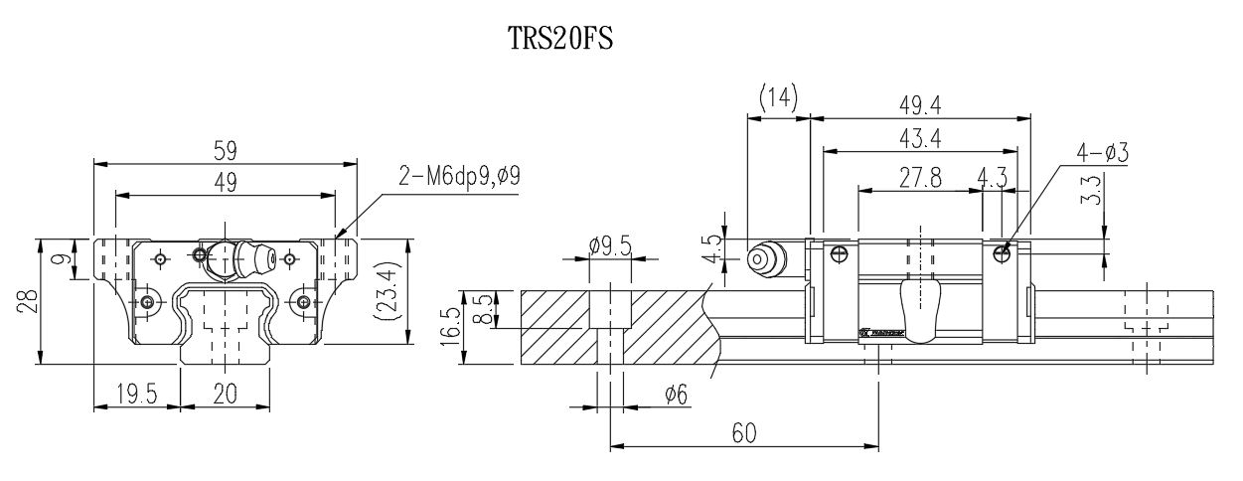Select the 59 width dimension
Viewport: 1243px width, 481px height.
click(225, 149)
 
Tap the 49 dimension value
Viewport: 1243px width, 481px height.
click(225, 182)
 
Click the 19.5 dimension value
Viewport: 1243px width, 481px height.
click(137, 395)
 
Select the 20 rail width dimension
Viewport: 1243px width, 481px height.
click(225, 395)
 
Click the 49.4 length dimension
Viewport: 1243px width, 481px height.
click(919, 104)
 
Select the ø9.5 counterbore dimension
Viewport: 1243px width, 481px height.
click(610, 244)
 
